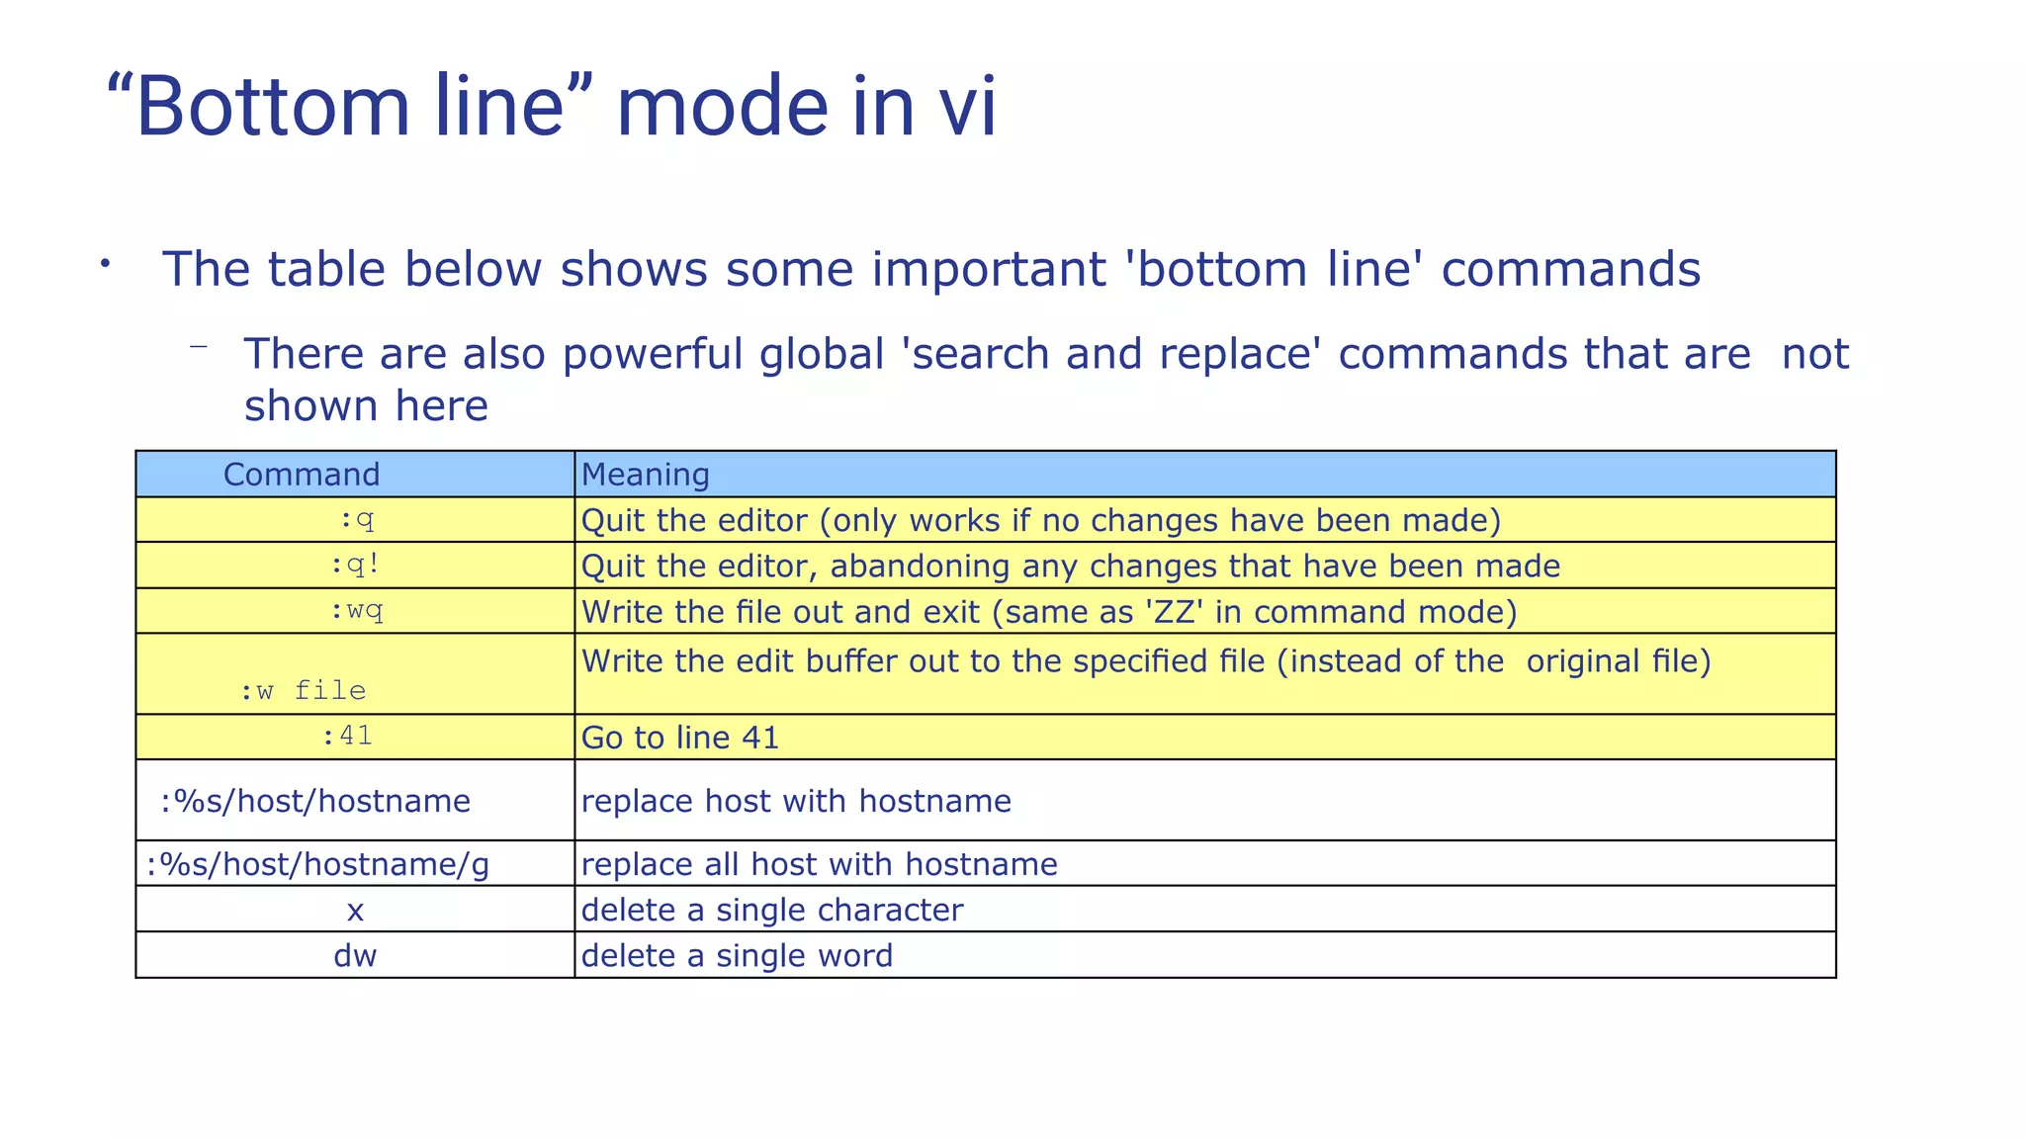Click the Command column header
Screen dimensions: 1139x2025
pyautogui.click(x=302, y=475)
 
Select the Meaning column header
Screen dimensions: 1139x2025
pyautogui.click(x=646, y=475)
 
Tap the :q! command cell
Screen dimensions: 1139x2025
pyautogui.click(x=355, y=566)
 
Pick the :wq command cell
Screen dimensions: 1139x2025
pyautogui.click(x=356, y=611)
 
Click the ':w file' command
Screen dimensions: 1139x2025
pyautogui.click(x=303, y=690)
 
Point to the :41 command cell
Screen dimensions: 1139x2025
pyautogui.click(x=347, y=736)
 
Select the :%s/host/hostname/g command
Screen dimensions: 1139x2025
pyautogui.click(x=317, y=864)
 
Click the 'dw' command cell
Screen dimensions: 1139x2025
pyautogui.click(x=355, y=955)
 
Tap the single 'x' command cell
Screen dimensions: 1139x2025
pyautogui.click(x=355, y=911)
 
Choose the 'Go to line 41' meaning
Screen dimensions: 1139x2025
pyautogui.click(x=680, y=738)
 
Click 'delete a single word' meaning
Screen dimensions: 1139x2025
pyautogui.click(x=737, y=955)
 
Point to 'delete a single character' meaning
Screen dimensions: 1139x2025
pyautogui.click(x=771, y=910)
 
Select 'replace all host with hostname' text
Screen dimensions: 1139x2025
pyautogui.click(x=819, y=864)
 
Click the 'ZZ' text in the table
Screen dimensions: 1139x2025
pyautogui.click(x=1174, y=612)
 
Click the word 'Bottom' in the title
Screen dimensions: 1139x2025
pyautogui.click(x=272, y=107)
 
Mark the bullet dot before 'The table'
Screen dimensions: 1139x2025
pyautogui.click(x=104, y=263)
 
